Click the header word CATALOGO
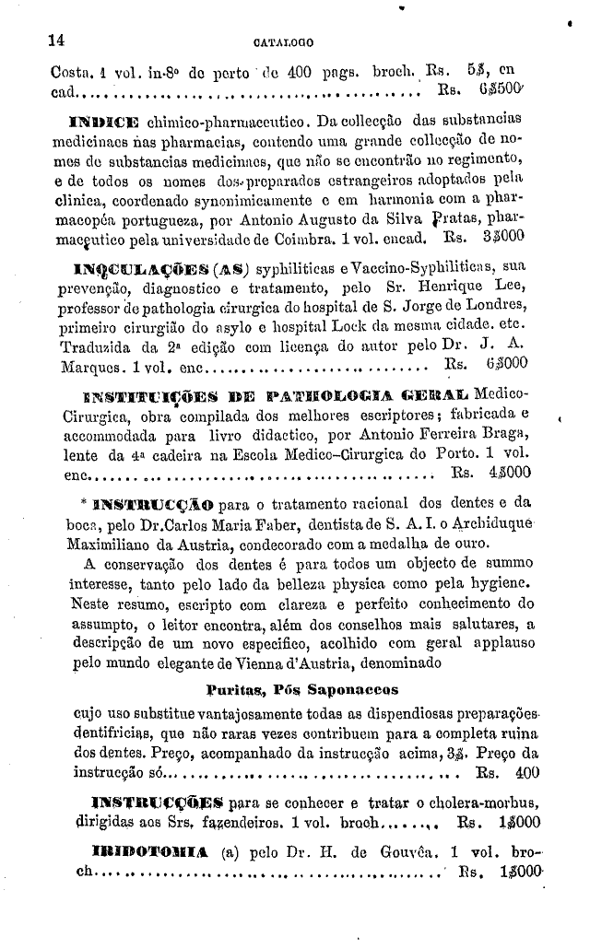tap(283, 41)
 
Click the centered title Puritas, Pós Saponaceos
tap(301, 688)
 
